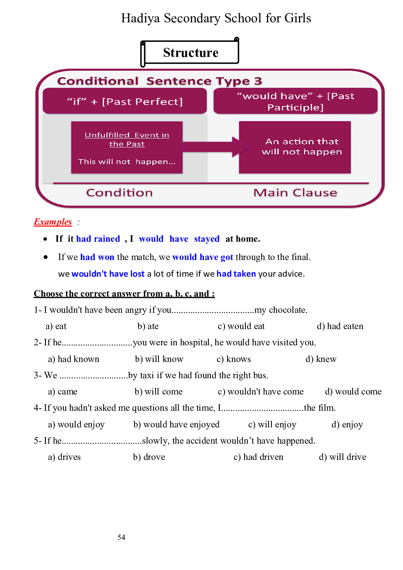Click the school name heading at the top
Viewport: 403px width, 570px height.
[216, 18]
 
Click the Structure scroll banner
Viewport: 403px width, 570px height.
[190, 52]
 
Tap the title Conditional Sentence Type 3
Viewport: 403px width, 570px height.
[159, 81]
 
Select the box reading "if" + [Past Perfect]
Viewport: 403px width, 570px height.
[125, 101]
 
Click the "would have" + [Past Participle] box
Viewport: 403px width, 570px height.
[295, 101]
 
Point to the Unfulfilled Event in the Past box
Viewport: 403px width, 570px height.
[127, 147]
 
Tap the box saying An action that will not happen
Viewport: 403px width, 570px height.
[295, 147]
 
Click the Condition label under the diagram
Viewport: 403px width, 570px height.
[119, 193]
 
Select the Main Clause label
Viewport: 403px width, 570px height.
[295, 193]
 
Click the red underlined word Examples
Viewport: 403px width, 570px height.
[53, 222]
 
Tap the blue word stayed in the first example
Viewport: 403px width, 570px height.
[206, 239]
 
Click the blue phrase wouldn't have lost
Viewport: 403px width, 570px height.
[108, 274]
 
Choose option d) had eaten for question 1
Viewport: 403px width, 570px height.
[340, 326]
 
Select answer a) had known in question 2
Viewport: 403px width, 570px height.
[74, 359]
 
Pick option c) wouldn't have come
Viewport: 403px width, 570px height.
[260, 392]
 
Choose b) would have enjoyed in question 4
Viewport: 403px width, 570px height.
[176, 425]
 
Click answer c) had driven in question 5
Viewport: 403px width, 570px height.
[258, 457]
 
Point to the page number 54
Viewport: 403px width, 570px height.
[121, 537]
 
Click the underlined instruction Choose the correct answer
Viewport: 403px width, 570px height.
[124, 294]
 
